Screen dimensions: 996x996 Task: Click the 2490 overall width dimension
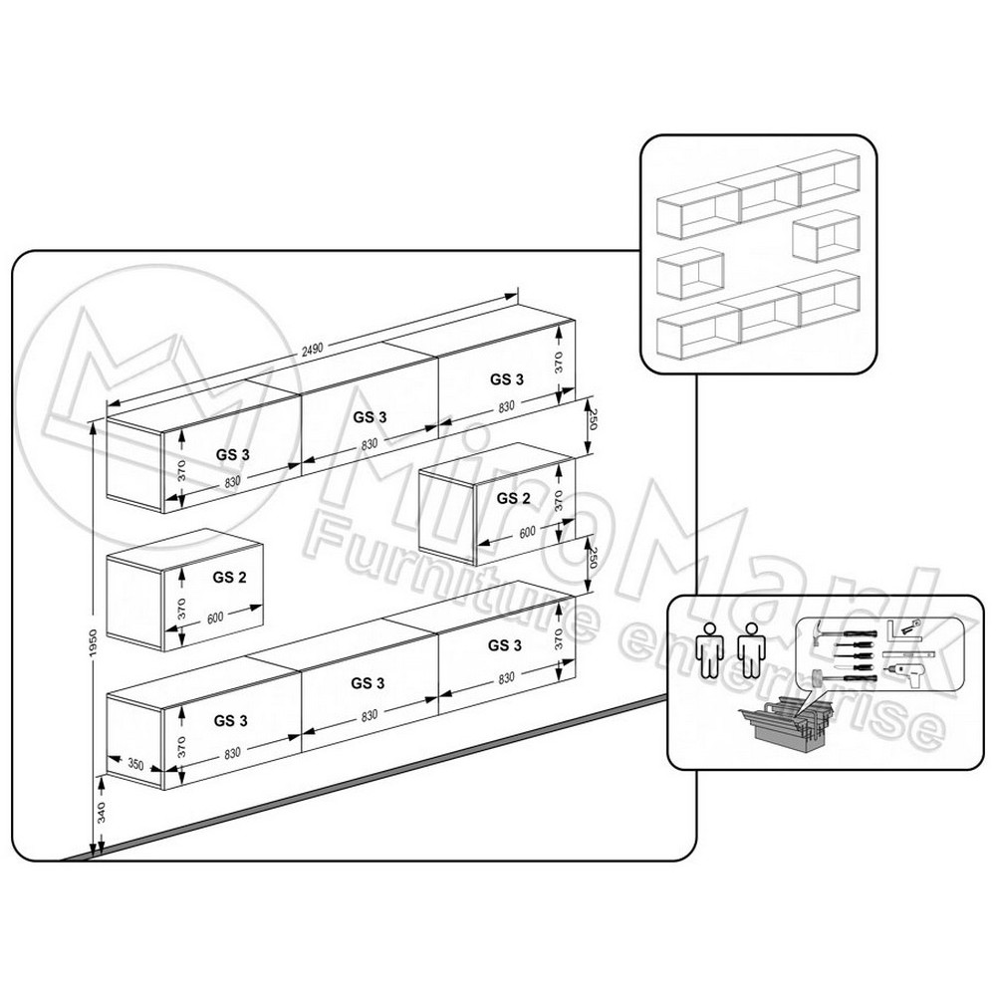tap(312, 348)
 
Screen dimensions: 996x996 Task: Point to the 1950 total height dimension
tap(93, 642)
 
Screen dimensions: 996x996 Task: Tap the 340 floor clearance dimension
tap(102, 813)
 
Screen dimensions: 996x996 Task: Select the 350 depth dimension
tap(135, 764)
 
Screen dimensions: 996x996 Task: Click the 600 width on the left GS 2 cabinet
tap(215, 618)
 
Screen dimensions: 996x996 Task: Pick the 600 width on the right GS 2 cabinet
tap(527, 532)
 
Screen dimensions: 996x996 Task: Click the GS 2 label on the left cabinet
tap(229, 578)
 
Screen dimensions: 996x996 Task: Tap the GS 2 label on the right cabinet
tap(513, 498)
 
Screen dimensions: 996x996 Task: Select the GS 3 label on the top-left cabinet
tap(232, 455)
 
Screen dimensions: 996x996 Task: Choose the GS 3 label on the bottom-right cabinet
tap(505, 645)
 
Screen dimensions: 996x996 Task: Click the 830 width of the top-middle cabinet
tap(370, 444)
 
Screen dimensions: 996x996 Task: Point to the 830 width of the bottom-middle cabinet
tap(370, 715)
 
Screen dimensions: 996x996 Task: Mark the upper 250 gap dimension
tap(593, 419)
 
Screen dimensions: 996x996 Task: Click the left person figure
tap(711, 649)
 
